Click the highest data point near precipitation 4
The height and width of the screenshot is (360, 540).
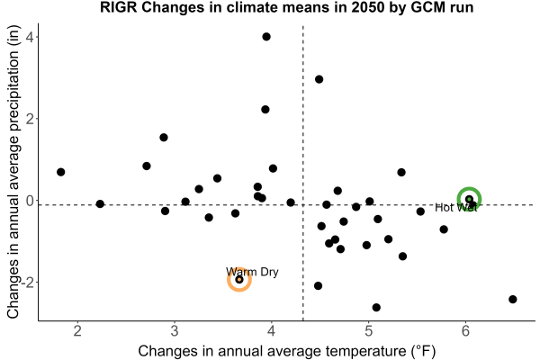tap(266, 37)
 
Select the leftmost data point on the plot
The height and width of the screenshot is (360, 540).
tap(60, 172)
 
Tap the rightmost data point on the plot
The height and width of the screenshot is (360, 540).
tap(513, 299)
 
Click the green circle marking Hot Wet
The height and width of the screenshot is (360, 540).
tap(469, 189)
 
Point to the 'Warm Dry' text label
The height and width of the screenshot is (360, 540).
tap(252, 272)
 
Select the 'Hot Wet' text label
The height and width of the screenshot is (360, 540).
tap(456, 207)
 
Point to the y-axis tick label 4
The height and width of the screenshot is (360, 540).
tap(30, 37)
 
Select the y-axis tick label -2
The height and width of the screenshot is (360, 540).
tap(28, 282)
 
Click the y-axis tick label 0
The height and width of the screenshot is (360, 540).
tap(30, 200)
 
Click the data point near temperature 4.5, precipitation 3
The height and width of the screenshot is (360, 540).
tap(319, 79)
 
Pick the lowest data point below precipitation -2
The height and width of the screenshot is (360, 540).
tap(376, 307)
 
